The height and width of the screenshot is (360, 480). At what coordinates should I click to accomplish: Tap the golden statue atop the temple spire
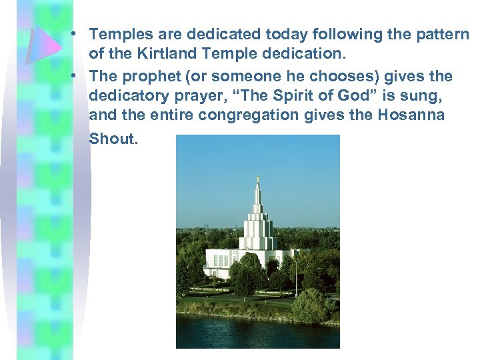point(257,179)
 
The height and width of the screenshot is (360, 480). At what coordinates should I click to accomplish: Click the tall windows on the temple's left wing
point(221,260)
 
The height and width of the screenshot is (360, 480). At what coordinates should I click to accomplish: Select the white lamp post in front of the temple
point(296,277)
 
